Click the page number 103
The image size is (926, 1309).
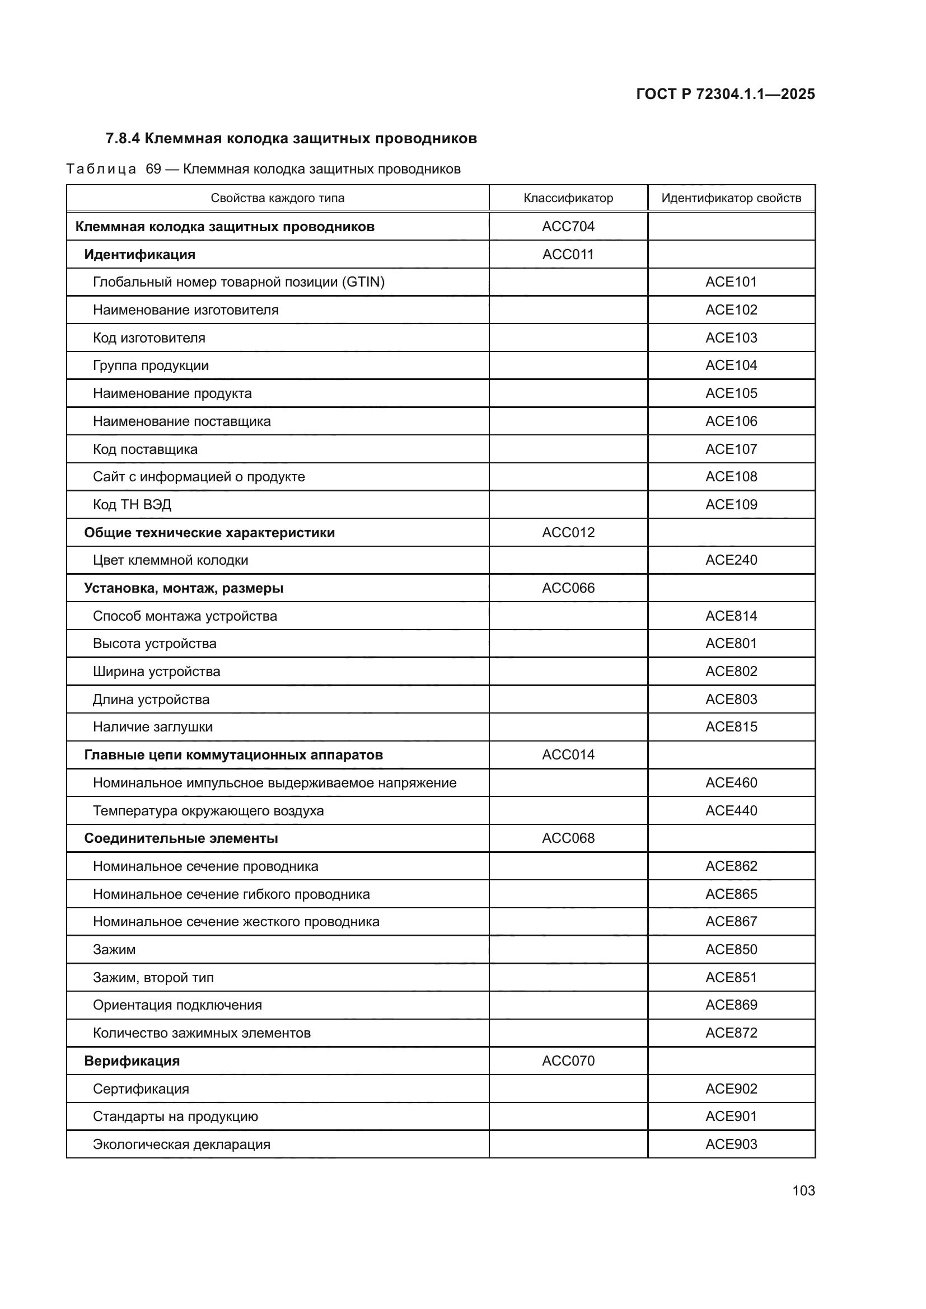[803, 1190]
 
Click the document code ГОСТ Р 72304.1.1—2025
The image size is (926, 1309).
[725, 94]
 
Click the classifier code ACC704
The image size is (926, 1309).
[568, 226]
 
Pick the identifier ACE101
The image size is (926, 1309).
[731, 281]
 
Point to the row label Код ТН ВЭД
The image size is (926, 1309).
[132, 505]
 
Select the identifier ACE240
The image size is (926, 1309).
[731, 560]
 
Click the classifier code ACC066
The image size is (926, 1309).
[568, 588]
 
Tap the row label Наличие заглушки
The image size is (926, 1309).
[152, 727]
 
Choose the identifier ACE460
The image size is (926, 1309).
[731, 783]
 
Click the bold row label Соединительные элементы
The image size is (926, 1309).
[181, 838]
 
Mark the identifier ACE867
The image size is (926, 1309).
[731, 922]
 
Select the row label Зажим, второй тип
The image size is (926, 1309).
[153, 978]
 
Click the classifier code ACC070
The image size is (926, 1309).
[568, 1061]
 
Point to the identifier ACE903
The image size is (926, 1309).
[731, 1144]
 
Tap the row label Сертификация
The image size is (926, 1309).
[141, 1089]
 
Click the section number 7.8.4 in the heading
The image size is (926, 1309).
[123, 139]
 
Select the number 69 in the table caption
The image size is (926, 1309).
[153, 170]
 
